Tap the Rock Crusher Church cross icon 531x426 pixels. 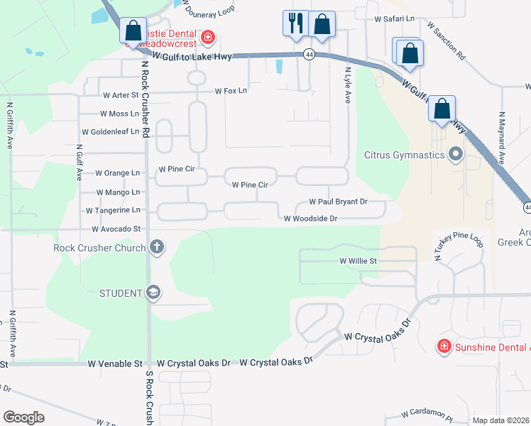point(157,247)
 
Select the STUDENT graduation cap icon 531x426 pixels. point(153,293)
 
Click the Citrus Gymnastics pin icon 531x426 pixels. point(456,154)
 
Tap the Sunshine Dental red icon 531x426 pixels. point(444,346)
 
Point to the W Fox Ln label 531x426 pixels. point(231,91)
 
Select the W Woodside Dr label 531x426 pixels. point(310,219)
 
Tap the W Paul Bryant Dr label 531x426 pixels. point(337,202)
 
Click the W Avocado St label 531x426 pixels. point(116,229)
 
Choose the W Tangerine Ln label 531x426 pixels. point(113,211)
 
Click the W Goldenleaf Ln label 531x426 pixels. point(111,132)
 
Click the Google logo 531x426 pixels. point(23,417)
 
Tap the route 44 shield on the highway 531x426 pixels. point(309,54)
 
